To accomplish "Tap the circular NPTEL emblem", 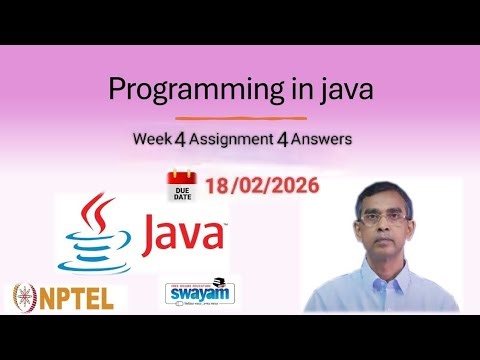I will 24,297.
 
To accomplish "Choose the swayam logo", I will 196,295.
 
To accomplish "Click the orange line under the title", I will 239,117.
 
